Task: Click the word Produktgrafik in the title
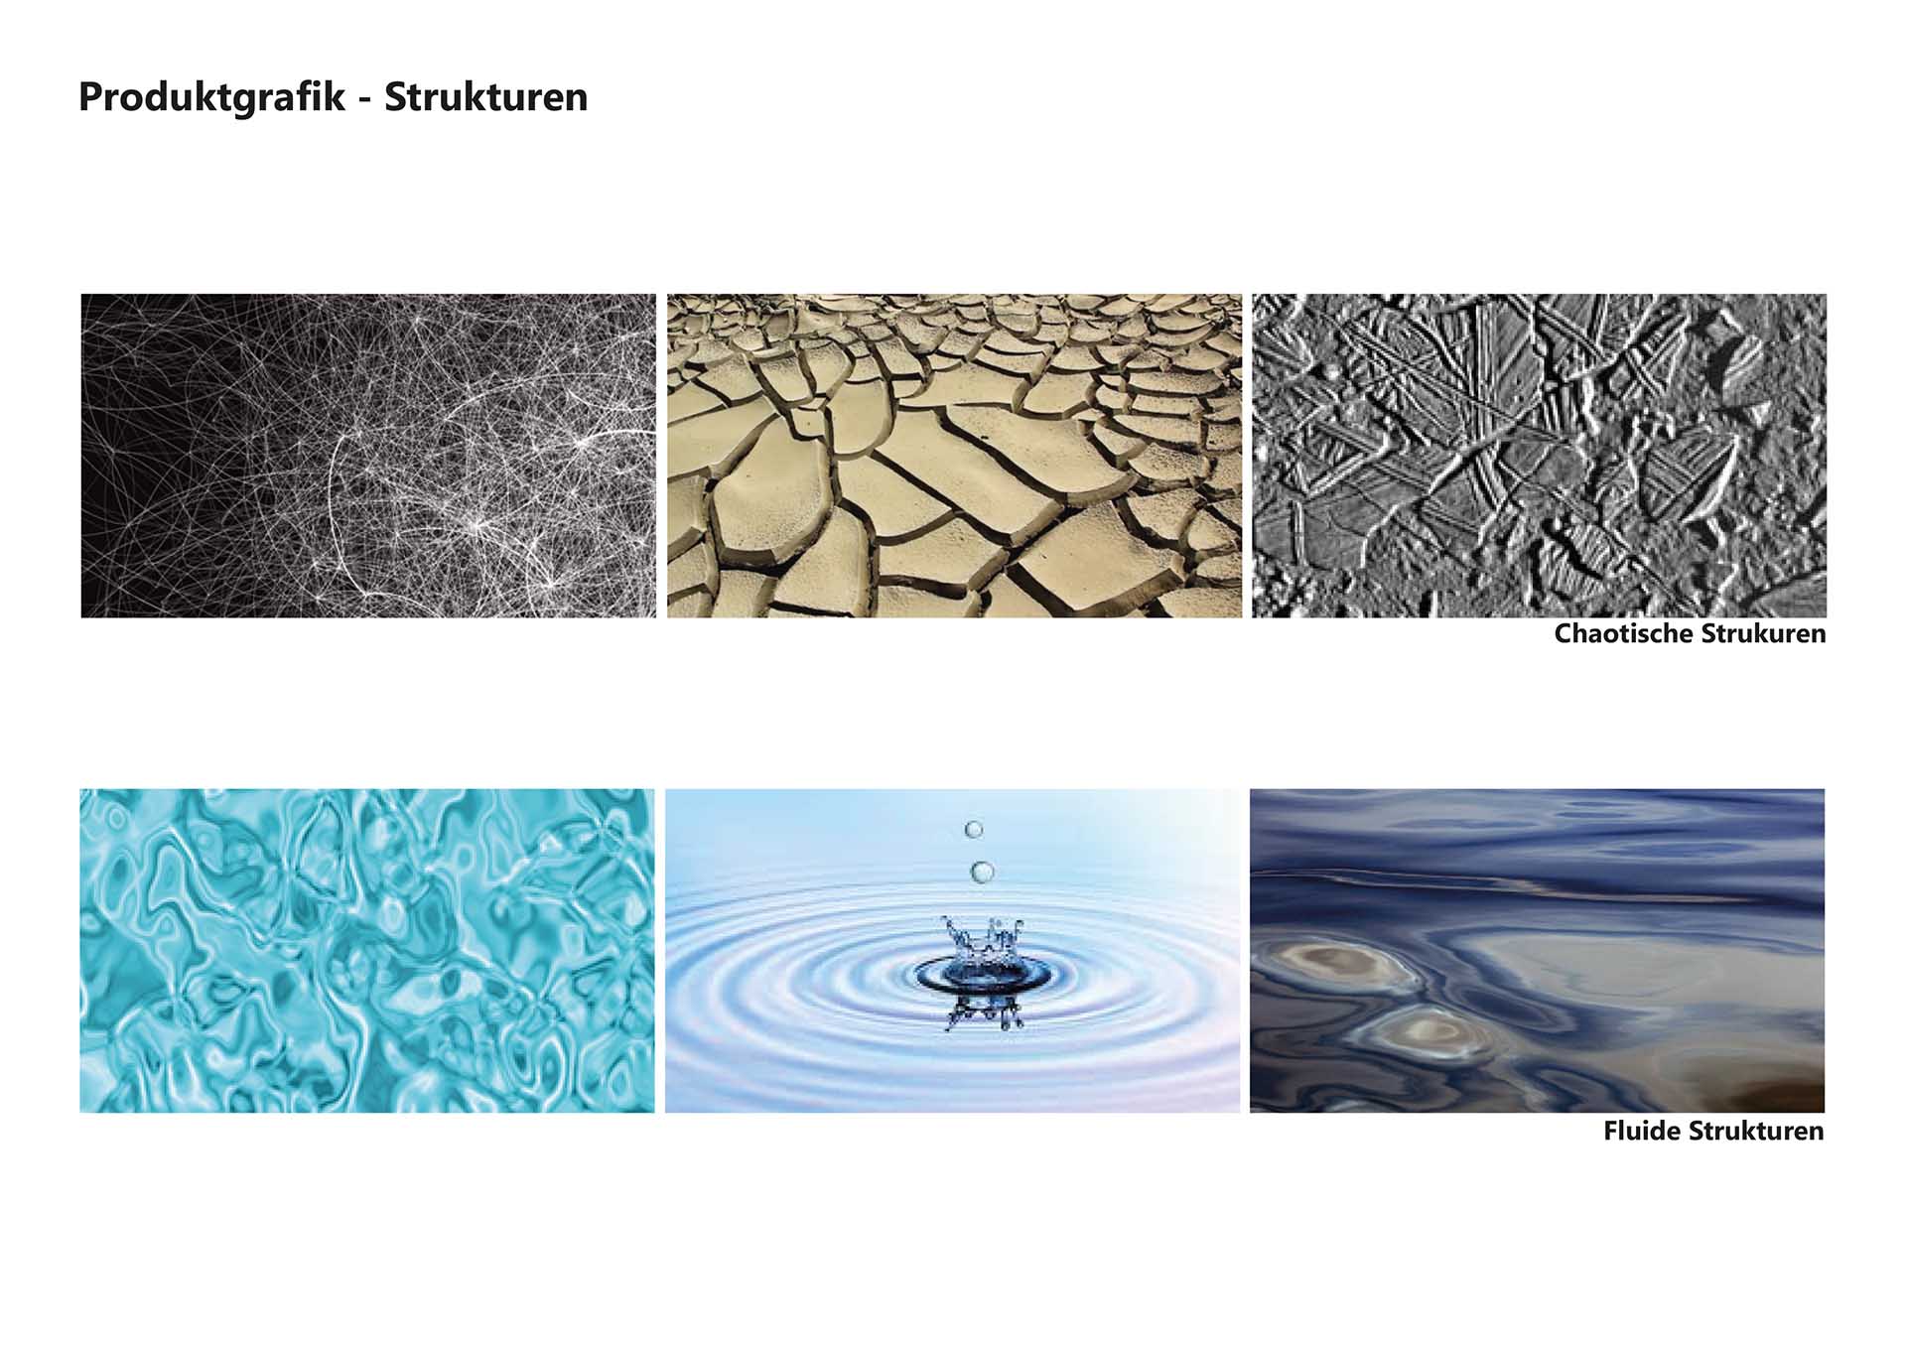point(211,98)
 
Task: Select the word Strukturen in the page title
point(485,96)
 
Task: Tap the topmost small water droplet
point(974,829)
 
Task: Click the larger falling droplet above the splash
point(983,872)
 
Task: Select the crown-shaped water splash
point(982,943)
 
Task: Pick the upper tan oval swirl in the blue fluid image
point(1330,961)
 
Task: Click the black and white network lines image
point(368,456)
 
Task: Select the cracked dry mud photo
point(954,456)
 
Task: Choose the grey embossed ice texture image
point(1539,456)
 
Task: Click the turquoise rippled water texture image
point(367,951)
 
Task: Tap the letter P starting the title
point(90,97)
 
